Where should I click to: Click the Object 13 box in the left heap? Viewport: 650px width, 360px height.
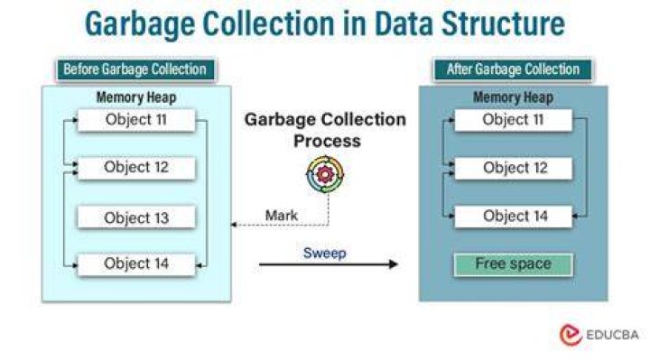[x=136, y=217]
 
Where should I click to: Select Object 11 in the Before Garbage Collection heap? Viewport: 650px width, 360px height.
[x=136, y=120]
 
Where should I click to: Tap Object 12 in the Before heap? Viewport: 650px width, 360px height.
[x=136, y=168]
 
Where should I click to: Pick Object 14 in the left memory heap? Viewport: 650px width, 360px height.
[x=136, y=264]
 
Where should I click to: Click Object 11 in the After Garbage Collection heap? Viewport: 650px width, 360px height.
[x=513, y=120]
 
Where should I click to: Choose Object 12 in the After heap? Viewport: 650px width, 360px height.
[x=513, y=168]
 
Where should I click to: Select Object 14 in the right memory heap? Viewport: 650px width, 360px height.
[x=513, y=217]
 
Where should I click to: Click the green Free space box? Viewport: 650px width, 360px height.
[x=513, y=264]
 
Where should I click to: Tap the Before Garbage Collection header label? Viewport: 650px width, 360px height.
[x=135, y=69]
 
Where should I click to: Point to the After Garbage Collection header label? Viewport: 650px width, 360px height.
[x=513, y=69]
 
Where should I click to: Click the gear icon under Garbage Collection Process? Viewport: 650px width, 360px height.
[x=325, y=174]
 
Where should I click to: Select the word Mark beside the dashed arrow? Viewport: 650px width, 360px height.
[x=282, y=216]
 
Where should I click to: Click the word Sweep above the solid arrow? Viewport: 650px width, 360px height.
[x=325, y=254]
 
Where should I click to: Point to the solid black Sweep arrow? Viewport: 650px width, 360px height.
[x=329, y=264]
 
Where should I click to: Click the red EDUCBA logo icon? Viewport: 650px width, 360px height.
[x=571, y=335]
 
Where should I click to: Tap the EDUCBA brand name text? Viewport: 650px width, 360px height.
[x=613, y=335]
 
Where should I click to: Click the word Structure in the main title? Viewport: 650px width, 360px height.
[x=503, y=23]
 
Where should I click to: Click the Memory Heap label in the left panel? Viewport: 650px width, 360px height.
[x=136, y=97]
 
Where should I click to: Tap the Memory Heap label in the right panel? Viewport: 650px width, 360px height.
[x=513, y=97]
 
